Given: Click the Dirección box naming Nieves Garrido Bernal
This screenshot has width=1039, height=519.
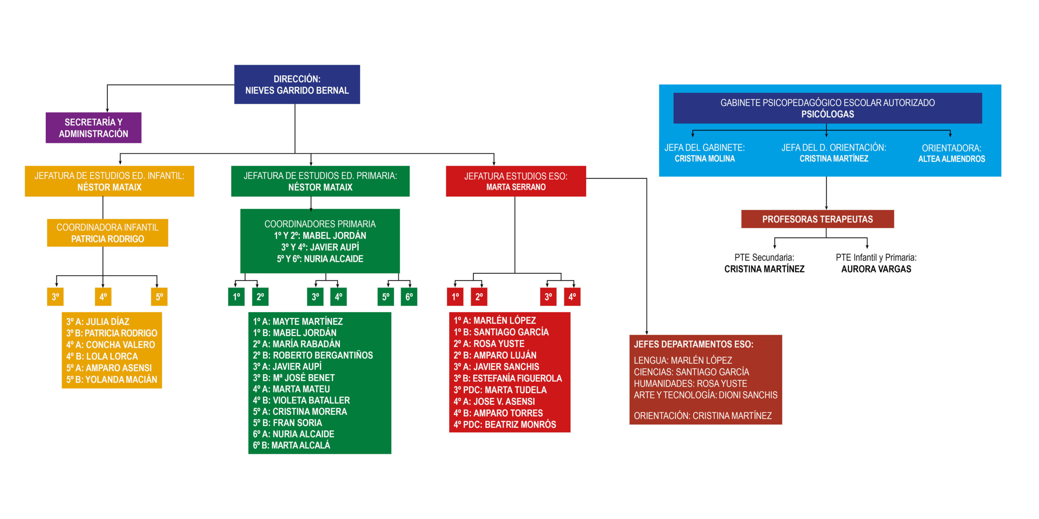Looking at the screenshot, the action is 297,84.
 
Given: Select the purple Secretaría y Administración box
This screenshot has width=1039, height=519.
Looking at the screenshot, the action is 93,128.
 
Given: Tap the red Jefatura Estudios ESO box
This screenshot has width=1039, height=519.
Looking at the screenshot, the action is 516,181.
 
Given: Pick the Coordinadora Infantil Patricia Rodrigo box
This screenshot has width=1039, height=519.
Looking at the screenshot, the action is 108,233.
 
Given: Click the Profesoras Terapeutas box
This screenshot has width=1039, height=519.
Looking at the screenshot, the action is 817,219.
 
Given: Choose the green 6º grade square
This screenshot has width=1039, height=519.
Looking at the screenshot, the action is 409,297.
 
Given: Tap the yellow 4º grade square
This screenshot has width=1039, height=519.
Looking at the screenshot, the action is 103,297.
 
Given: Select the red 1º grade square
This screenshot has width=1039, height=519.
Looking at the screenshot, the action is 455,297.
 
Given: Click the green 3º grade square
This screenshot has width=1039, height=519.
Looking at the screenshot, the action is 315,297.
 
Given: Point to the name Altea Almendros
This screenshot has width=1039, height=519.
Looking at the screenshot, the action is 951,159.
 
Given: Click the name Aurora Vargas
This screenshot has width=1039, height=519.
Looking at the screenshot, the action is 876,269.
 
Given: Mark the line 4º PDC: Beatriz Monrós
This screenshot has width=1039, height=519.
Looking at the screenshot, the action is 505,425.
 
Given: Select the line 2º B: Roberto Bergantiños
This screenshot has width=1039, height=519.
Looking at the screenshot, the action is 313,355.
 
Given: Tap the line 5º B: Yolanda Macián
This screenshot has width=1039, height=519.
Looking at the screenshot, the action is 112,380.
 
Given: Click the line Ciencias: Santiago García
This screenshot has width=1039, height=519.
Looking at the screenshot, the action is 692,372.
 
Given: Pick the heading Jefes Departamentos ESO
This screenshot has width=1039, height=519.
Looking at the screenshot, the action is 694,344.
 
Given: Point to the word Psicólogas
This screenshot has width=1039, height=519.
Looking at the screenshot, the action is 828,114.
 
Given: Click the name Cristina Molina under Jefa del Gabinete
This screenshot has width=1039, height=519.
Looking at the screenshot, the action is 705,159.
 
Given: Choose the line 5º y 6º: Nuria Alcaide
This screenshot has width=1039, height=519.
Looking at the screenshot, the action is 320,259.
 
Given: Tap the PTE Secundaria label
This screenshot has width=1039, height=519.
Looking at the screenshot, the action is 764,257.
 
